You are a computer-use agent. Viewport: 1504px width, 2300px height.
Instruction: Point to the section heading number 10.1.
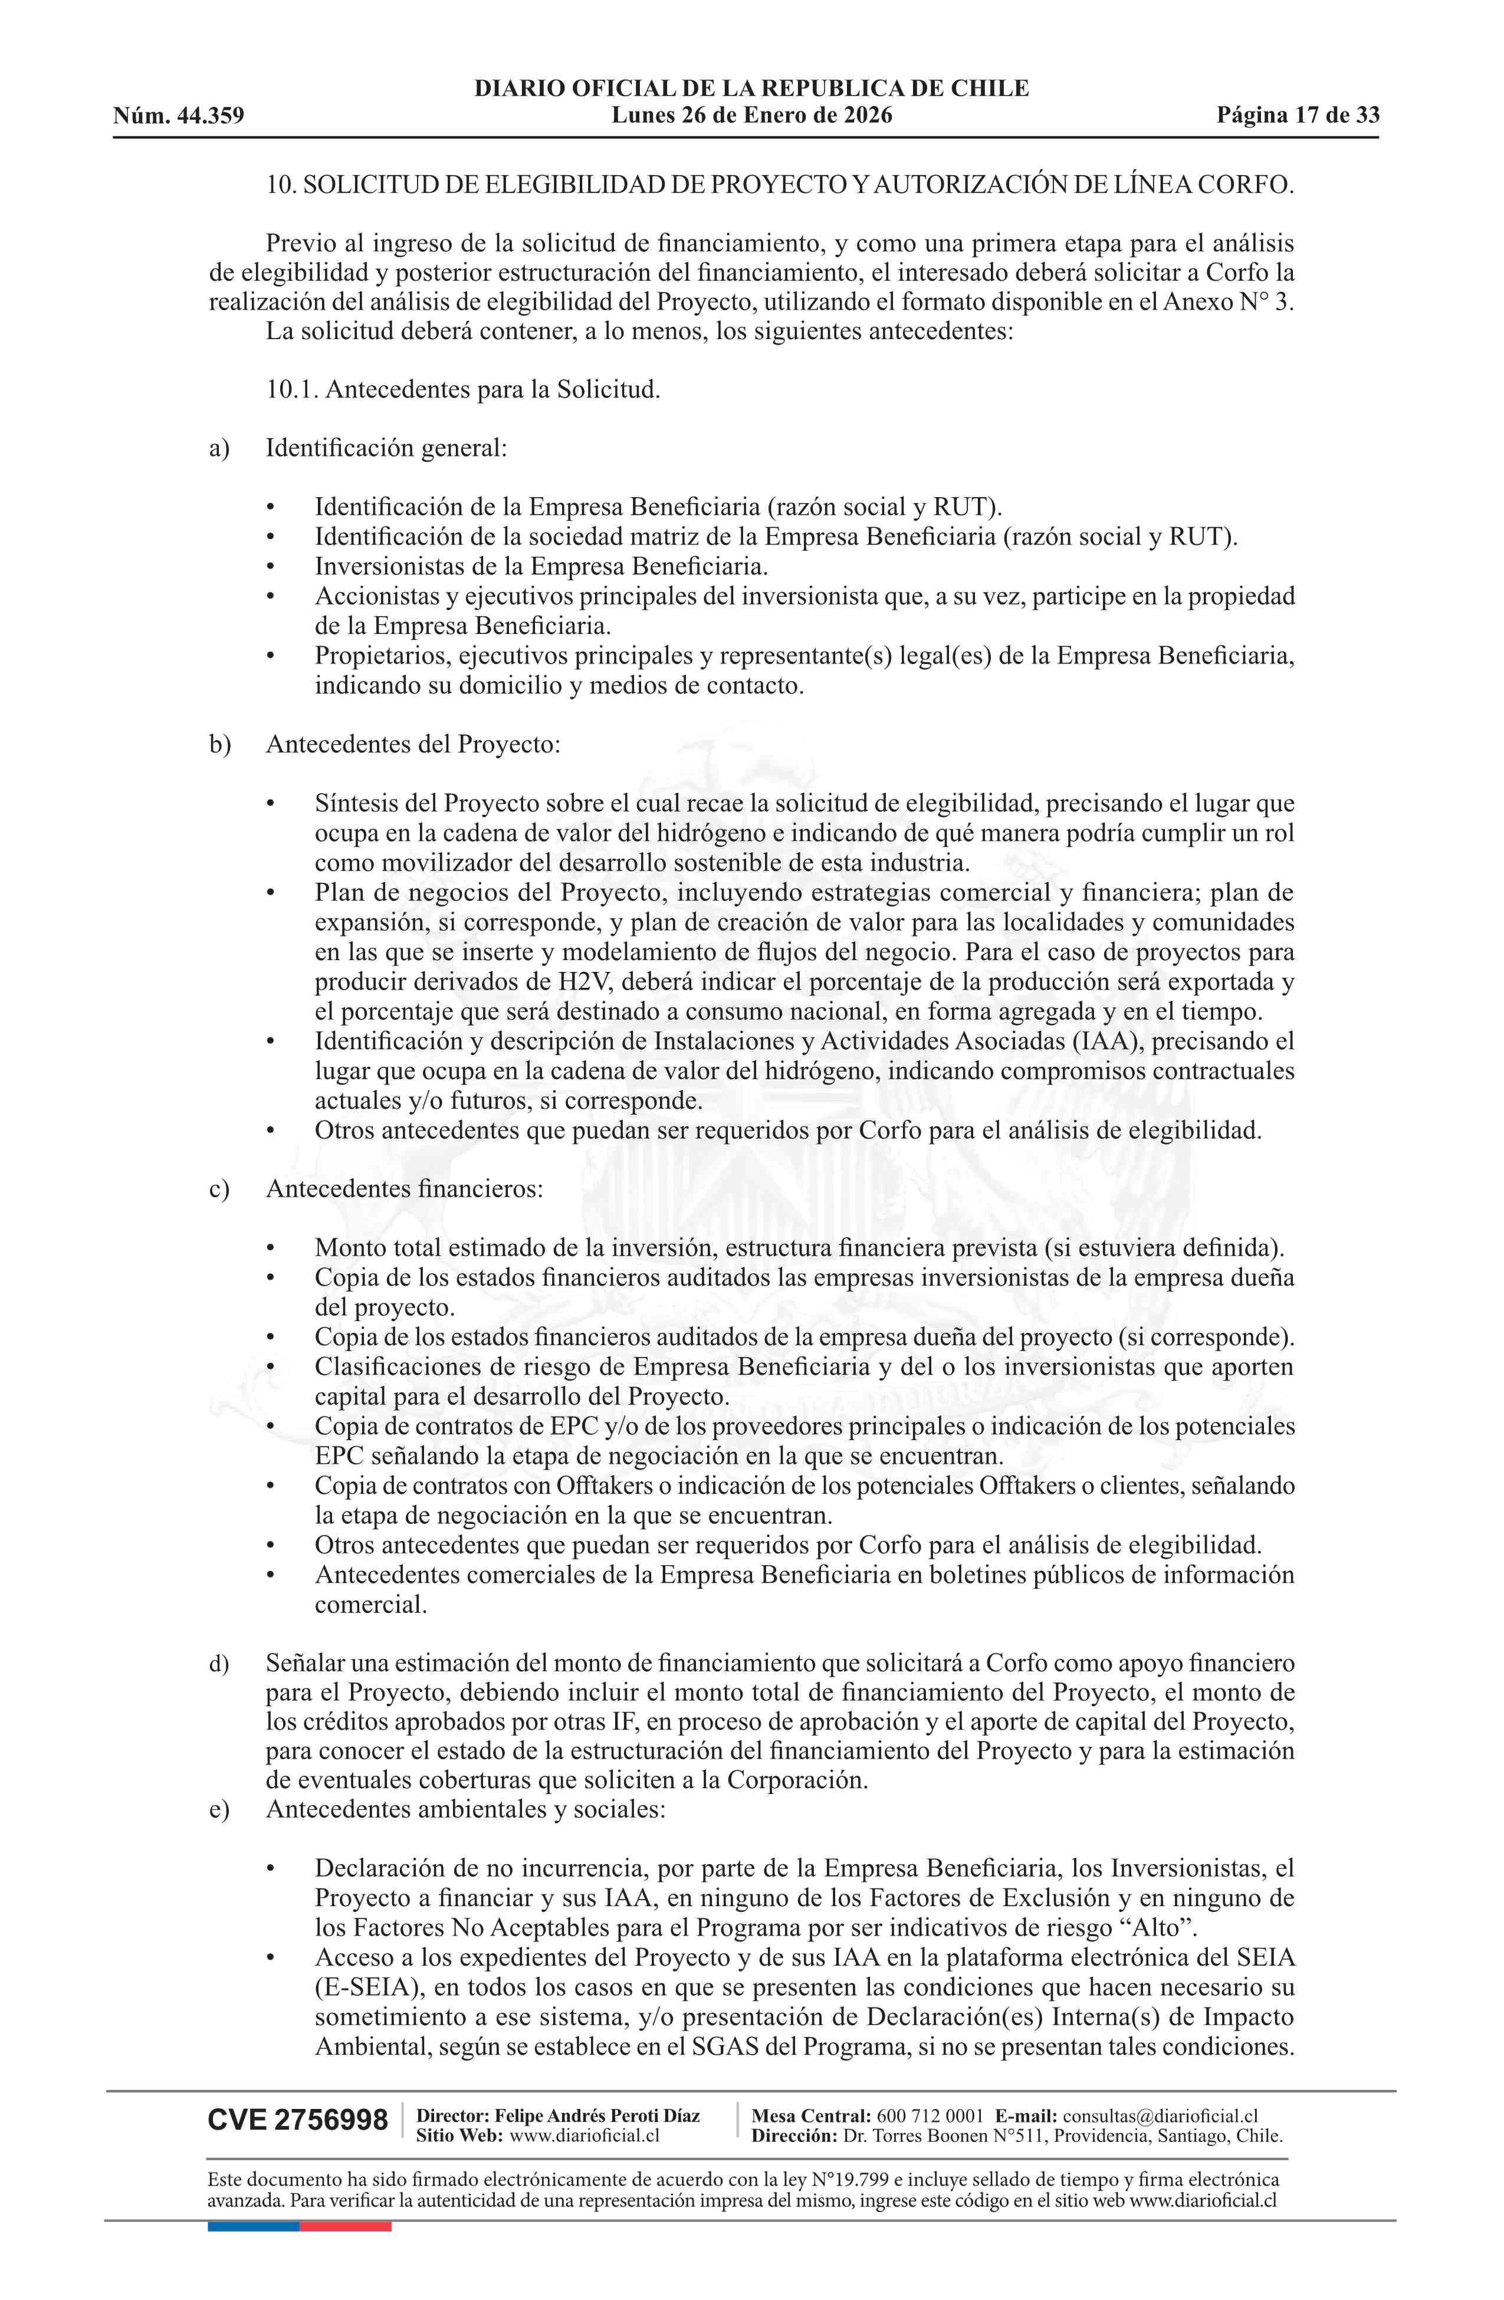292,390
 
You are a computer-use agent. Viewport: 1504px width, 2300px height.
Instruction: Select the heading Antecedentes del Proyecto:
413,745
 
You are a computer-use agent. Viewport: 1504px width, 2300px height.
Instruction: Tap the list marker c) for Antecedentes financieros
218,1189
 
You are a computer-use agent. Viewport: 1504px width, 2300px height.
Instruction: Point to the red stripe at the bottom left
345,2226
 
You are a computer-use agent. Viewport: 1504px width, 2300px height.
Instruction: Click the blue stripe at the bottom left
253,2226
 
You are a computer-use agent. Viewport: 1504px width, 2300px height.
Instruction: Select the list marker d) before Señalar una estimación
218,1664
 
